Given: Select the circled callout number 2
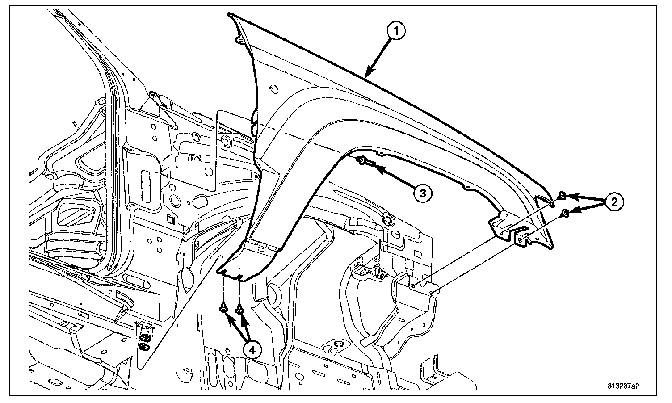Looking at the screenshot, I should tap(614, 202).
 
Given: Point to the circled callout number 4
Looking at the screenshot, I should tap(252, 351).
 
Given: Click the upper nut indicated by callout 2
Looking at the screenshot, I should tap(562, 195).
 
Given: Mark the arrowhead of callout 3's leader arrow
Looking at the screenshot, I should tap(372, 167).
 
